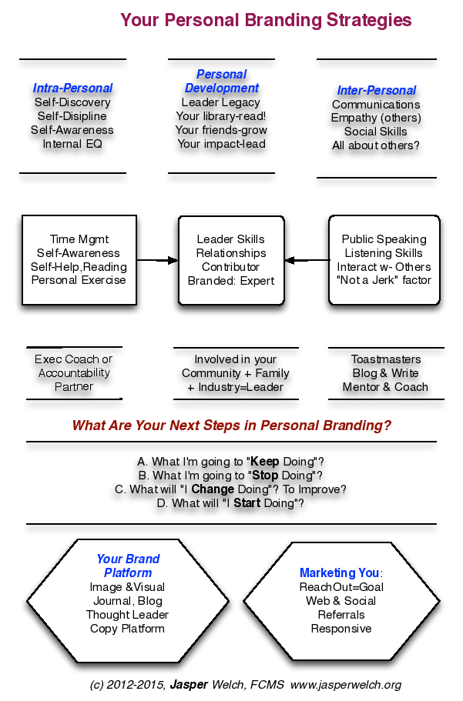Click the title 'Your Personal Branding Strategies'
click(x=266, y=21)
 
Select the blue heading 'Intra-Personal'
click(x=72, y=88)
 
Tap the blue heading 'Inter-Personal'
click(x=377, y=90)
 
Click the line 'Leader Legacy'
click(x=221, y=102)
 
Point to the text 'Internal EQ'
click(x=72, y=144)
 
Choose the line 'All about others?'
click(x=376, y=145)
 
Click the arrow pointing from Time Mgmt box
click(x=157, y=260)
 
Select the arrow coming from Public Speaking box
click(x=307, y=260)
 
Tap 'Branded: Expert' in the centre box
click(x=231, y=281)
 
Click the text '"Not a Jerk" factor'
click(x=384, y=280)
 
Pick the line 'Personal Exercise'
click(x=79, y=280)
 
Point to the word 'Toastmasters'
click(x=386, y=359)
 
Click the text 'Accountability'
click(x=74, y=373)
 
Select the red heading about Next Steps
click(x=231, y=426)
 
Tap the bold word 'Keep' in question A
click(x=265, y=462)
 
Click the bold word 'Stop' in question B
click(x=266, y=476)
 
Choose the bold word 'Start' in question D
click(x=247, y=503)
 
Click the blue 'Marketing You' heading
click(x=340, y=572)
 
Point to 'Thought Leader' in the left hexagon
click(x=128, y=615)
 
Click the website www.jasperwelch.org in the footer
click(x=346, y=685)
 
